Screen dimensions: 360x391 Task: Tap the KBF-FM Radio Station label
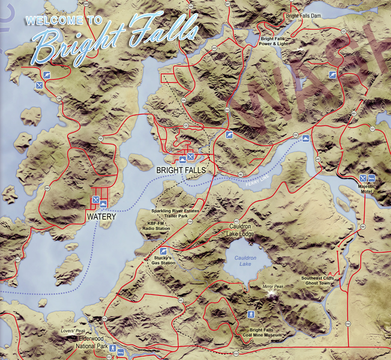154,226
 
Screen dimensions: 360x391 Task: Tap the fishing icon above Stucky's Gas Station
162,250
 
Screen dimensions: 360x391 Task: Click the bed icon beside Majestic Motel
372,178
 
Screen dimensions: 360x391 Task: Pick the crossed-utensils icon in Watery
95,200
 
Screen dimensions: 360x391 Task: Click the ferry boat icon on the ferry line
306,138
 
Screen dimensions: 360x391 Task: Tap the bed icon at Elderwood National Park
121,352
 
